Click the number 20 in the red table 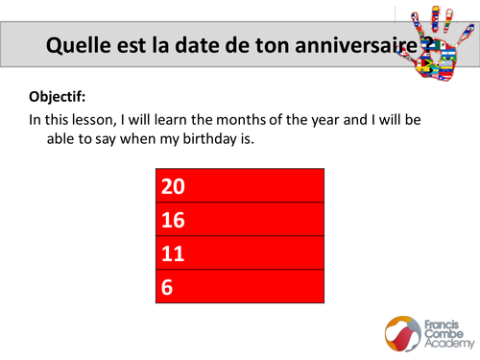(x=174, y=184)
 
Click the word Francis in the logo (x=443, y=321)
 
